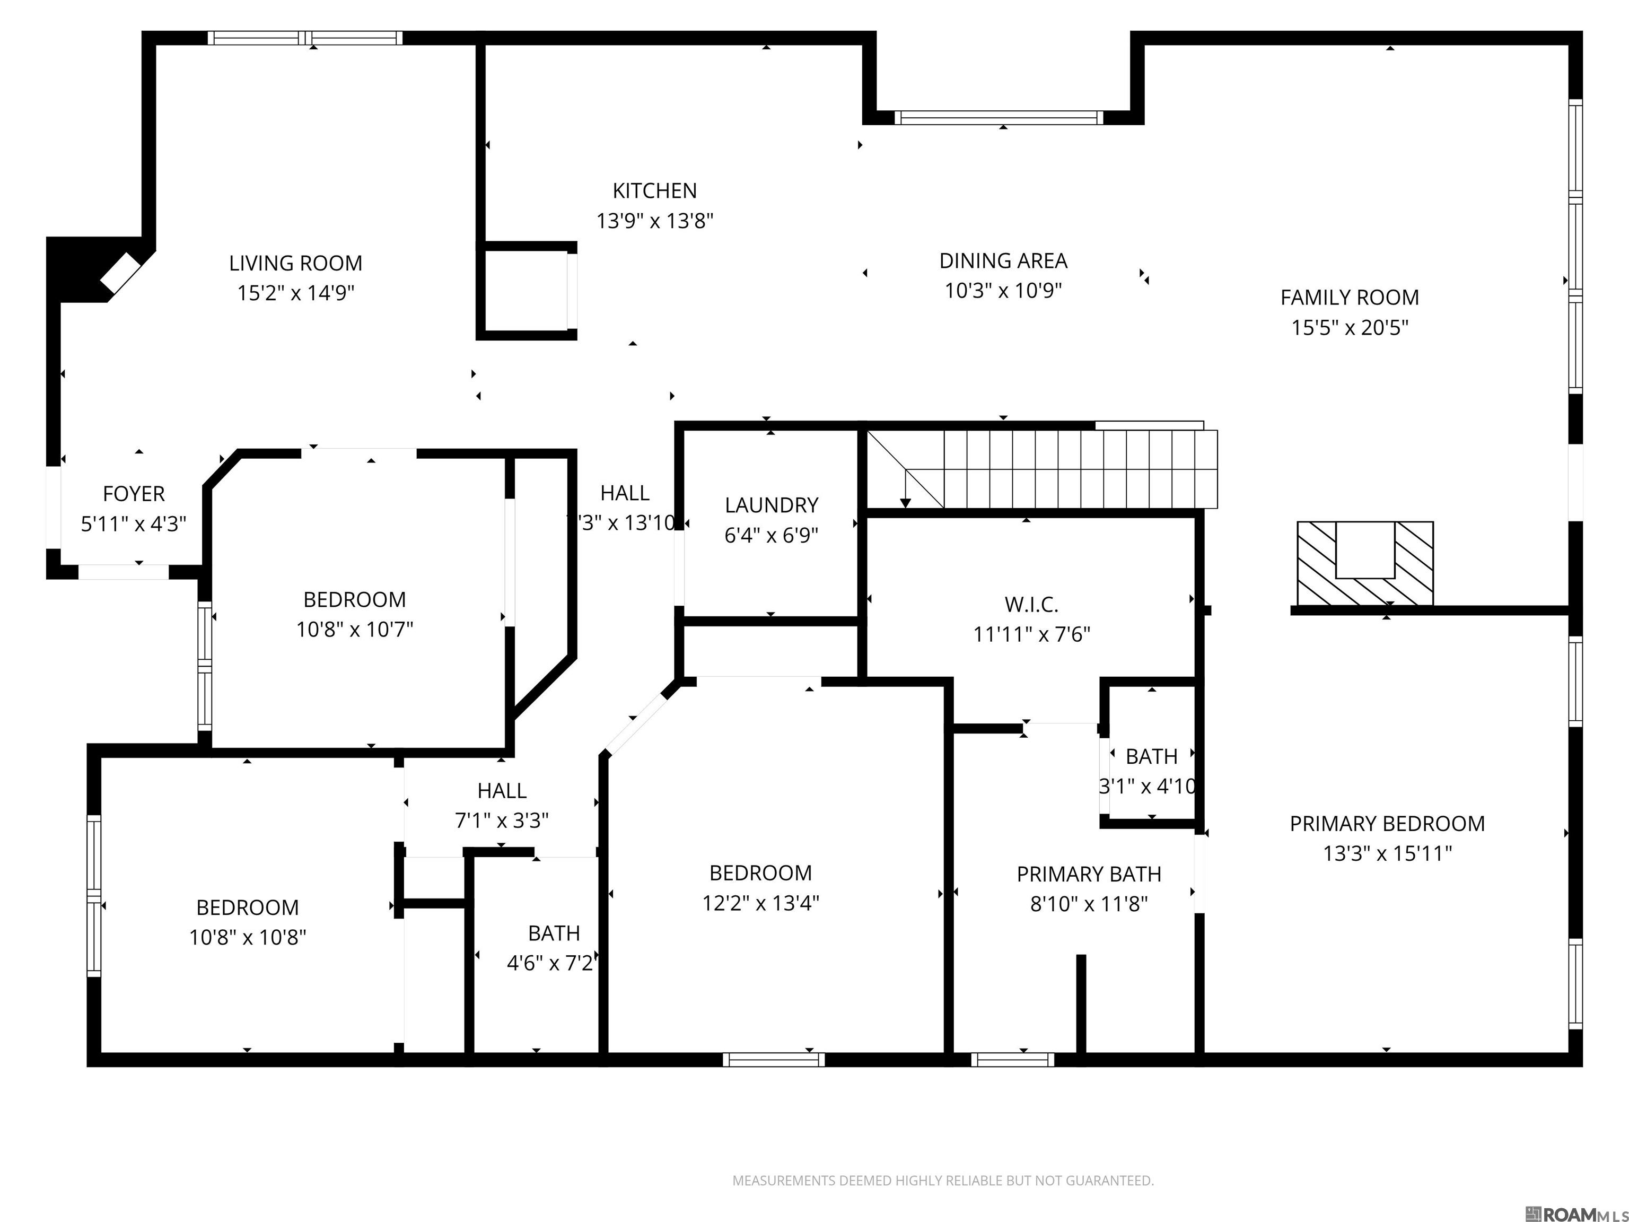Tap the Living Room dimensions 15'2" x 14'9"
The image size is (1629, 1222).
pyautogui.click(x=295, y=293)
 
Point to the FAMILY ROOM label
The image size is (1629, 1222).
pyautogui.click(x=1349, y=298)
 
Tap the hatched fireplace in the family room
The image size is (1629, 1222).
pyautogui.click(x=1364, y=563)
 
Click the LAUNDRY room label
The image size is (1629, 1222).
pyautogui.click(x=771, y=505)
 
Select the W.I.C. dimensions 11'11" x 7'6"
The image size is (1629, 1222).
pyautogui.click(x=1031, y=634)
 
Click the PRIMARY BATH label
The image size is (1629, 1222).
pyautogui.click(x=1089, y=874)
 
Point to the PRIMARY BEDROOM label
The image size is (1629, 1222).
pyautogui.click(x=1387, y=824)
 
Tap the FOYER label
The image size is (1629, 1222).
pyautogui.click(x=133, y=493)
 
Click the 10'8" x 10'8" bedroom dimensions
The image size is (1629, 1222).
pyautogui.click(x=248, y=938)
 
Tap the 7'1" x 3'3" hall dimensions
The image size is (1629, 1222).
pyautogui.click(x=502, y=821)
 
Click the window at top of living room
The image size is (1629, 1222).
pyautogui.click(x=305, y=38)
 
